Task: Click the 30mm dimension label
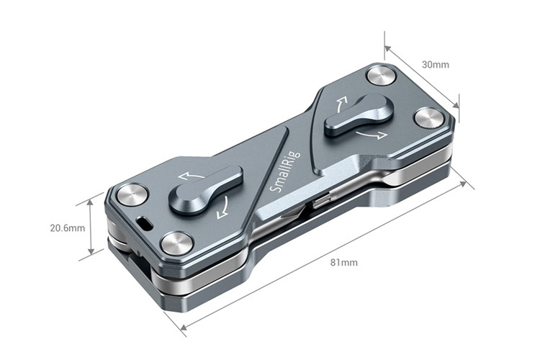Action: (x=435, y=65)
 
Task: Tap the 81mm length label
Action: (x=343, y=262)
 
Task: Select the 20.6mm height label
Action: (x=67, y=228)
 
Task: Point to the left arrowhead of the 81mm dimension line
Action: (x=183, y=330)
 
